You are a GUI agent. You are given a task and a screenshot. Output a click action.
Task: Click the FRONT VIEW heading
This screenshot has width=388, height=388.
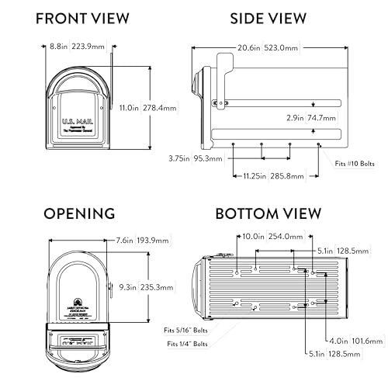point(78,18)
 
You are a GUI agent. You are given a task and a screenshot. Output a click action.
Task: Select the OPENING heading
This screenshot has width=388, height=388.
point(80,213)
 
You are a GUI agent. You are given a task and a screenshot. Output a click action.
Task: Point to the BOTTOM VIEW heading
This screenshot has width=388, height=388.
point(268,213)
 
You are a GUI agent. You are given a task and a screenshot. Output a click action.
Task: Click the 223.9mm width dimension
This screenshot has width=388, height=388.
point(88,47)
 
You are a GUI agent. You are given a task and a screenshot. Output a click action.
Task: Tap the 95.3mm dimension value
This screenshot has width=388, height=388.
point(208,158)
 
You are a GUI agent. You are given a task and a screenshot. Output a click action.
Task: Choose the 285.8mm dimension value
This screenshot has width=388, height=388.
point(278,176)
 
